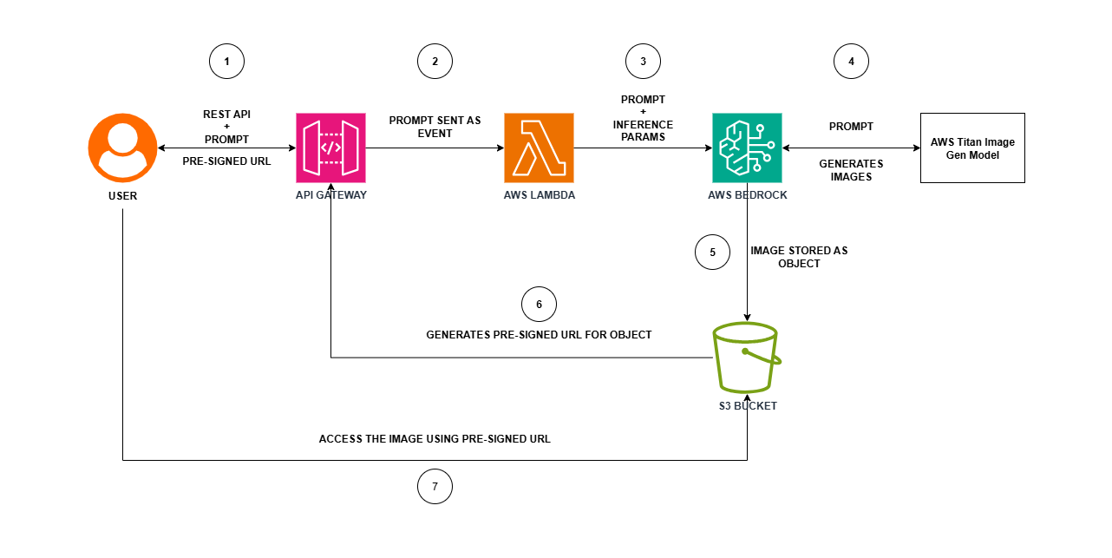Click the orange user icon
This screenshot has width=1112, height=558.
click(122, 148)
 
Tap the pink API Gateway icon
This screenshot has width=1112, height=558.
click(330, 148)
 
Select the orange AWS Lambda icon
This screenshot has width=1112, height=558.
click(539, 148)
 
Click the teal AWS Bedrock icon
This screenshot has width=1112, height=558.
click(747, 148)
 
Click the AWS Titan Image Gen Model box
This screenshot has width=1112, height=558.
click(972, 148)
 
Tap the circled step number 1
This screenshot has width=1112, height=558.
click(226, 62)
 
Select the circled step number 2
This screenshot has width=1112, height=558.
click(435, 62)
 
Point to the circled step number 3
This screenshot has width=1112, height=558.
click(643, 62)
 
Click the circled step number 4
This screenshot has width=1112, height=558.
click(851, 62)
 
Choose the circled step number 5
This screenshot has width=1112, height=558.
click(712, 253)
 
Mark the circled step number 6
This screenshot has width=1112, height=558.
click(539, 305)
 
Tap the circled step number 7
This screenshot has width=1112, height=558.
click(435, 487)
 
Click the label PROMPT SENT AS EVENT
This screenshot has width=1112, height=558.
click(435, 127)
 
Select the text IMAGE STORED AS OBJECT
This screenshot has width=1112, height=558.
click(799, 257)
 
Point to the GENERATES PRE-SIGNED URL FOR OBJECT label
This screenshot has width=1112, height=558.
click(539, 334)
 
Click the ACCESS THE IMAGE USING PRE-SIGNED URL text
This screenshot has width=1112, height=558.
click(435, 439)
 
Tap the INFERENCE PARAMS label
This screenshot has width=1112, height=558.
click(643, 131)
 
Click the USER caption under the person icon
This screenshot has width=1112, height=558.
click(122, 195)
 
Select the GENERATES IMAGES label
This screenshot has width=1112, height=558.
click(851, 170)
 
